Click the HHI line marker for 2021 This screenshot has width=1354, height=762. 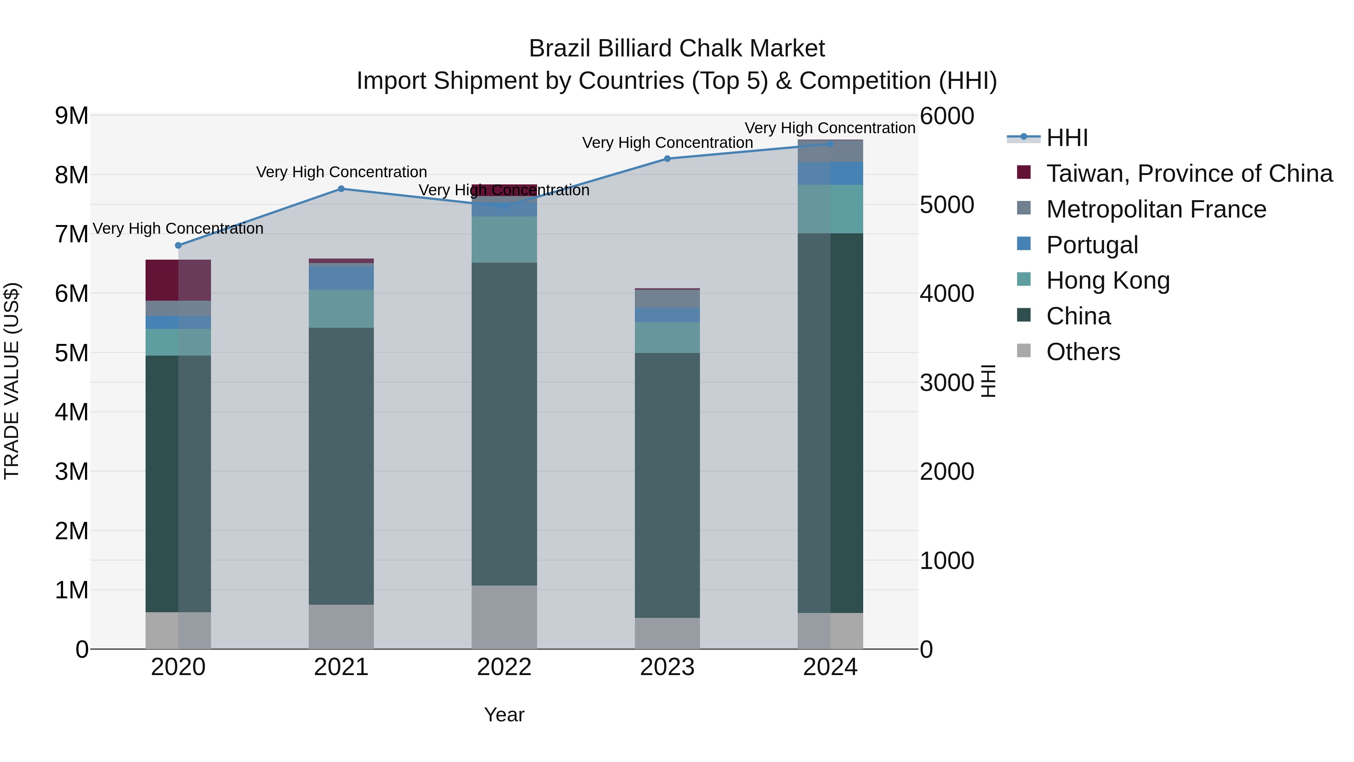pos(341,189)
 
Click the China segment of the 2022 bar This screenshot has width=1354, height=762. pos(504,424)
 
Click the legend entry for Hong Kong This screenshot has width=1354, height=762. pos(1108,280)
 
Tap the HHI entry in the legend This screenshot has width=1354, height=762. pos(1067,138)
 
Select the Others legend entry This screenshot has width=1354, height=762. pos(1083,352)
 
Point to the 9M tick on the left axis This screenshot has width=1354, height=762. pos(72,116)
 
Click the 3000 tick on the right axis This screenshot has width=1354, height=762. pos(947,383)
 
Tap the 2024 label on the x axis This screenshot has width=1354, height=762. pos(830,667)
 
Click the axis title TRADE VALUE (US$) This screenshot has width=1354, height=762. pos(12,381)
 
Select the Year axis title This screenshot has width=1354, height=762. pos(504,715)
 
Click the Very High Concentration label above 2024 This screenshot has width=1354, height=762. pos(830,128)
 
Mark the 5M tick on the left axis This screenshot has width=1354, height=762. pos(72,353)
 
